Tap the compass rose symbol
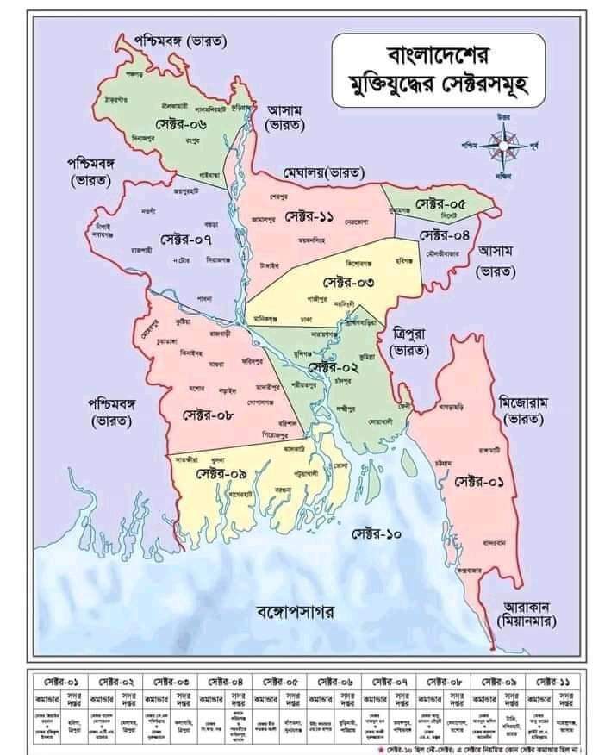(503, 140)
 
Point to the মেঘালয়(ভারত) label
(324, 174)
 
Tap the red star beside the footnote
(358, 746)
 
